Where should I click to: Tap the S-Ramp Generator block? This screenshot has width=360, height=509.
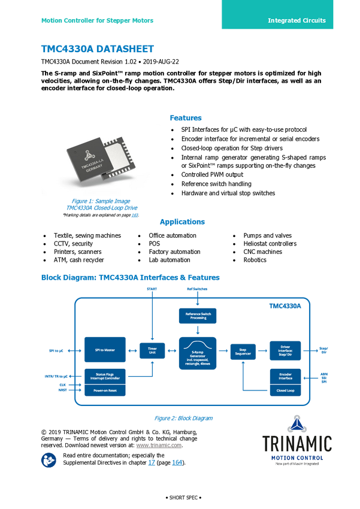[198, 354]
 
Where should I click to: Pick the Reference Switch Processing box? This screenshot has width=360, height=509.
[198, 315]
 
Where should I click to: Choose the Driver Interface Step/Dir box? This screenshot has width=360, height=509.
[285, 350]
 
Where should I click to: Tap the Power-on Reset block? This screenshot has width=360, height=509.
[105, 390]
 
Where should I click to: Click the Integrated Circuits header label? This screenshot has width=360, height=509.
[297, 20]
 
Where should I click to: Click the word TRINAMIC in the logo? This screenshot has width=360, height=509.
[297, 444]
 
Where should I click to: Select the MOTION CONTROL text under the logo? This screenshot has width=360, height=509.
[297, 458]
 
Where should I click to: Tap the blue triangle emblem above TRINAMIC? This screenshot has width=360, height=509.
[298, 423]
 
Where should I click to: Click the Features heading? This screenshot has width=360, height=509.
[186, 118]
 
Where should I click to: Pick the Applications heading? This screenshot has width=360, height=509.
[182, 222]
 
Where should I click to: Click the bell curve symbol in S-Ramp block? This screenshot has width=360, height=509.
[198, 344]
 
